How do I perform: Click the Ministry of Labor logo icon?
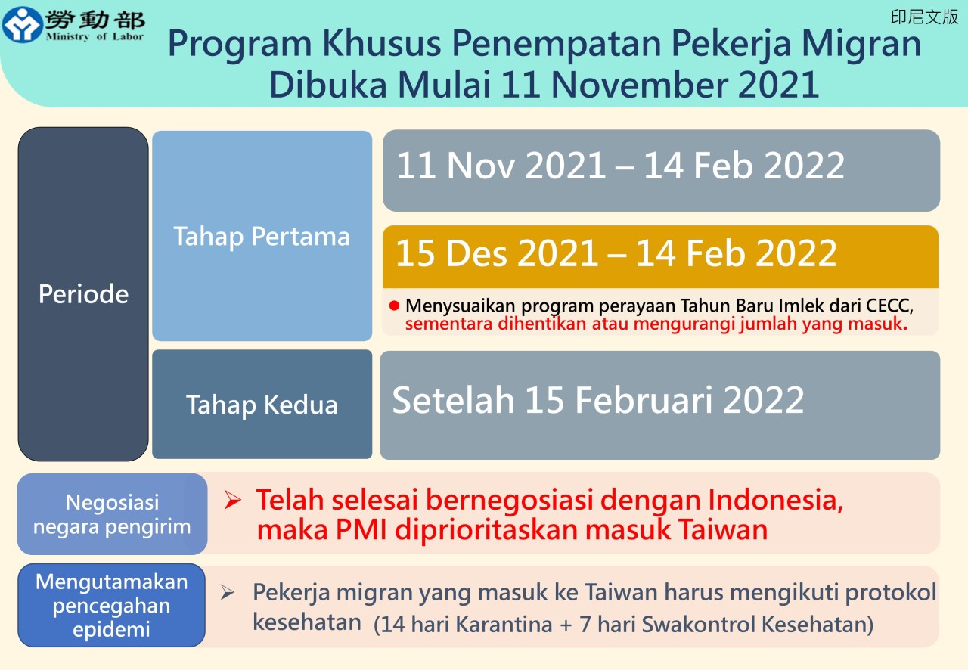click(23, 24)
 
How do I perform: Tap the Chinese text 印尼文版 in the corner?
click(924, 17)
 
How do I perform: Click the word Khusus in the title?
click(382, 43)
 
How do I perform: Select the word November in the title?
click(640, 84)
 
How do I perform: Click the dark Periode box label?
click(83, 294)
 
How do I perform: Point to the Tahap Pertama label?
click(262, 237)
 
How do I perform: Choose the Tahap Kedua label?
click(262, 405)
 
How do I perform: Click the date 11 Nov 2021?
click(501, 165)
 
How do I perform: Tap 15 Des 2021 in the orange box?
click(497, 253)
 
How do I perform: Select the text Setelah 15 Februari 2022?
click(598, 400)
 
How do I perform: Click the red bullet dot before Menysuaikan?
click(394, 306)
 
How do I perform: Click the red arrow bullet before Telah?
click(232, 500)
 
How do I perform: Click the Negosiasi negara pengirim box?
click(113, 514)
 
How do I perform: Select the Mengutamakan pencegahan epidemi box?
click(111, 605)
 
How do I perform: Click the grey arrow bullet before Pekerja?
click(228, 592)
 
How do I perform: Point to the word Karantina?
click(504, 624)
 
